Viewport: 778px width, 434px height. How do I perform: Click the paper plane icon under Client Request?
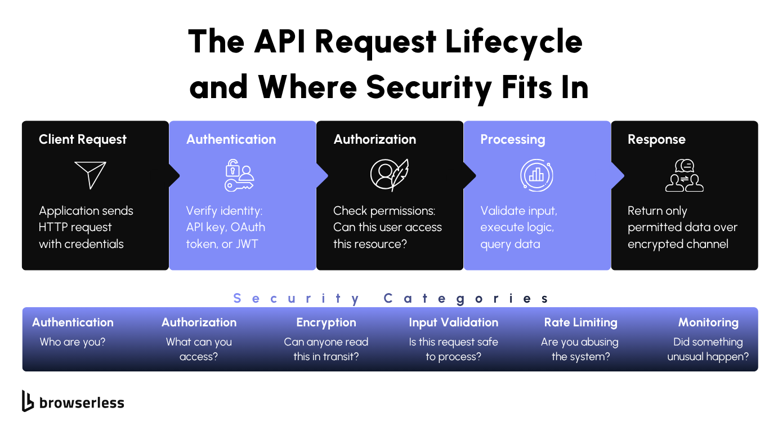coord(90,175)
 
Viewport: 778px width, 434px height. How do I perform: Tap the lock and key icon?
coord(239,175)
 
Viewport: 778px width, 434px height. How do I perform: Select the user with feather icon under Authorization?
coord(389,175)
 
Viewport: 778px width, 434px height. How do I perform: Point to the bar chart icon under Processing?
coord(536,175)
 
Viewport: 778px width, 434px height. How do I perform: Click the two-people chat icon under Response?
coord(685,175)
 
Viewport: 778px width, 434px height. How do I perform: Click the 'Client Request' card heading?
coord(83,140)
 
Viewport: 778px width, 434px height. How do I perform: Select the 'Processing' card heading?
coord(512,140)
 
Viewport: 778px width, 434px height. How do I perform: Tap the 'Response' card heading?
coord(656,140)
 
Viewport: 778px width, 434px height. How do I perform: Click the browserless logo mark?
coord(28,401)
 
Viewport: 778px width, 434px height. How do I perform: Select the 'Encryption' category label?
coord(326,322)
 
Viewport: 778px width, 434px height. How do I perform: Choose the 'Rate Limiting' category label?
coord(580,322)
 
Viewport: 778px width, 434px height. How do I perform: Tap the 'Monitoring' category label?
coord(708,322)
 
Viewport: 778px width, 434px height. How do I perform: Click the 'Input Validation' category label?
coord(453,322)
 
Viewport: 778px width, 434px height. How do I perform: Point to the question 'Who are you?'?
coord(73,342)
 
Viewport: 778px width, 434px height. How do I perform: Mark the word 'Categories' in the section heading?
coord(466,298)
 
